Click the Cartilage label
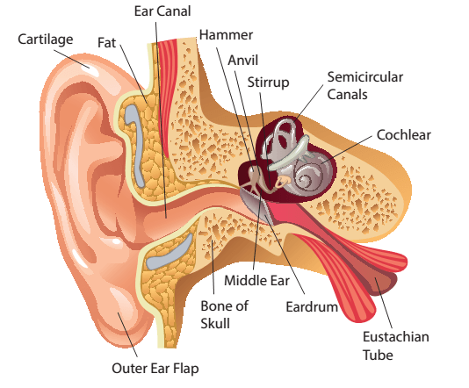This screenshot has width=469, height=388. point(46,40)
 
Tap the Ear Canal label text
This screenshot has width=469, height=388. point(162,11)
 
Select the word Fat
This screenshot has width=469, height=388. point(106,42)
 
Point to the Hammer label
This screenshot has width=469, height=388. point(226,35)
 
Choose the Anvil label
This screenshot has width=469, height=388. point(243,61)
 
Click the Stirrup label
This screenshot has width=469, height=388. point(268,83)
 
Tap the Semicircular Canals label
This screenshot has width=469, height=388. point(364,86)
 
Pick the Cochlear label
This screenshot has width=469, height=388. point(403,135)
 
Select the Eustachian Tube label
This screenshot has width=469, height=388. point(396,346)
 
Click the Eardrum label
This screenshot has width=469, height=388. point(312,307)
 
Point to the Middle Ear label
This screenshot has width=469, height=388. point(257,281)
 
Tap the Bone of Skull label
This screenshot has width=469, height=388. point(224,315)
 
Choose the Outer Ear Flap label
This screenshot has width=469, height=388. point(155,369)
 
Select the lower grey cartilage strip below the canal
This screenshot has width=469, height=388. point(169,254)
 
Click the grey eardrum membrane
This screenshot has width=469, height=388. point(254,204)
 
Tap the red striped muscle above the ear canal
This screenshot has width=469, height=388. point(167,90)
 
